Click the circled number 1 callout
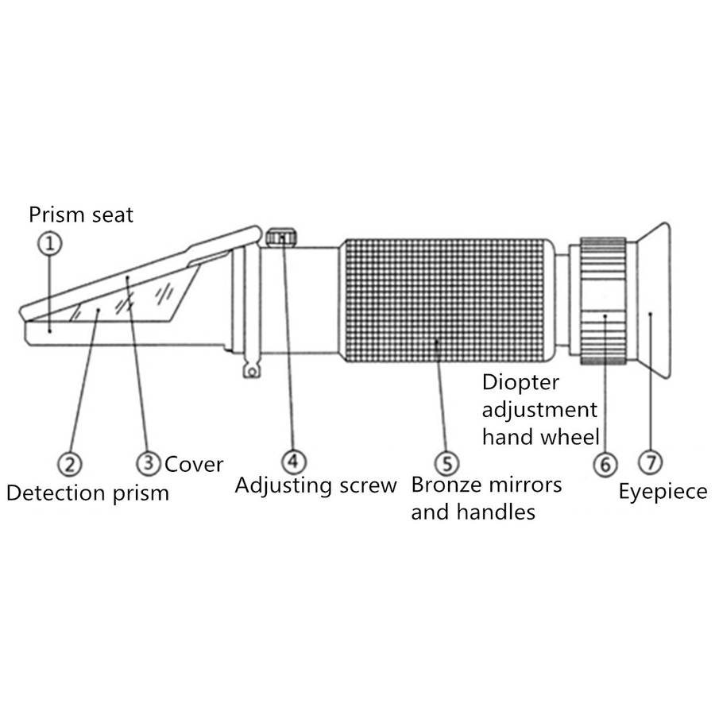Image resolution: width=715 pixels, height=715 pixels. [x=50, y=243]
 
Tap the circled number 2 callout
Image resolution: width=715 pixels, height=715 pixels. [x=70, y=464]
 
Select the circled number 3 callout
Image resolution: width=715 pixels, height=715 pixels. [x=149, y=463]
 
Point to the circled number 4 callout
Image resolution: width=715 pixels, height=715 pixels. [x=293, y=462]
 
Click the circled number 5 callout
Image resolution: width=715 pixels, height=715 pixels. [x=446, y=464]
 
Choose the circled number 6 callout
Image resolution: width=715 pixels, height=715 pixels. [x=605, y=465]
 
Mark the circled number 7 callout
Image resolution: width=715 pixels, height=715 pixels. [x=650, y=462]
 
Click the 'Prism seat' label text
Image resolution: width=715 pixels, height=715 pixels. [x=81, y=214]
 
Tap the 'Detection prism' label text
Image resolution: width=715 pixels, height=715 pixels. [x=87, y=493]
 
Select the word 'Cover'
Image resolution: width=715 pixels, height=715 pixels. [x=194, y=465]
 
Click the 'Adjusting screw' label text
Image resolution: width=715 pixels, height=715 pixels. [x=315, y=485]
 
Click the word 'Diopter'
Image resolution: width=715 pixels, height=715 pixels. [x=520, y=383]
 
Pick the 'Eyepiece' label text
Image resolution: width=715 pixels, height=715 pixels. [x=663, y=492]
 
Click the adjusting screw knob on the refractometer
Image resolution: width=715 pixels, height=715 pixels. [x=281, y=237]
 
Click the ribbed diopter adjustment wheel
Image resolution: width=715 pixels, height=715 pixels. [x=603, y=301]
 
